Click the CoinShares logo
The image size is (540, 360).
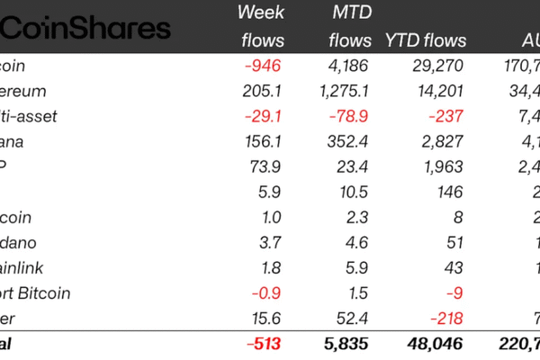point(85,28)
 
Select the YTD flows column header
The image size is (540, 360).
point(426,40)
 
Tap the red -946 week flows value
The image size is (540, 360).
point(265,66)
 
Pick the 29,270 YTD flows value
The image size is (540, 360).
point(436,66)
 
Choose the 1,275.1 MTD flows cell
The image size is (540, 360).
point(340,91)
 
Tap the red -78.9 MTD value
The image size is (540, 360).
point(351,116)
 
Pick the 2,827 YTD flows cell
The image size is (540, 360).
point(442,141)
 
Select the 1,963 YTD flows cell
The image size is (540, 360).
point(442,166)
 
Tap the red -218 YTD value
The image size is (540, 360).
point(447,318)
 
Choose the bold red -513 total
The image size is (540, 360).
point(264,344)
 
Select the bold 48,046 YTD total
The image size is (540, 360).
point(436,344)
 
